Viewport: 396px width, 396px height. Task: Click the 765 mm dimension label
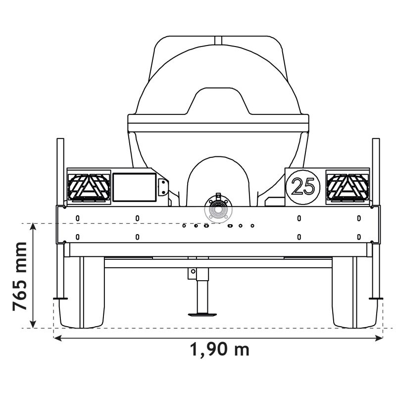(x=21, y=276)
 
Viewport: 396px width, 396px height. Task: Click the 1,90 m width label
(x=219, y=350)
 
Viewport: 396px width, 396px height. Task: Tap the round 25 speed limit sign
(x=302, y=186)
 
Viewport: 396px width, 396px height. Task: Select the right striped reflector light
(x=347, y=187)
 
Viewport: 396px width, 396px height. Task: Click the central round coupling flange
(x=218, y=210)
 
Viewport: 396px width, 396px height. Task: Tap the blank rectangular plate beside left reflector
(x=134, y=187)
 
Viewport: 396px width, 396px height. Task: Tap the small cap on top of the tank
(x=218, y=40)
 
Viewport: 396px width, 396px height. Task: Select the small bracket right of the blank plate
(x=162, y=187)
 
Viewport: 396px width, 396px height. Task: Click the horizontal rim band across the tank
(x=218, y=120)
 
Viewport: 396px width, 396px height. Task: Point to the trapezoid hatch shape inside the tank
(x=218, y=101)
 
